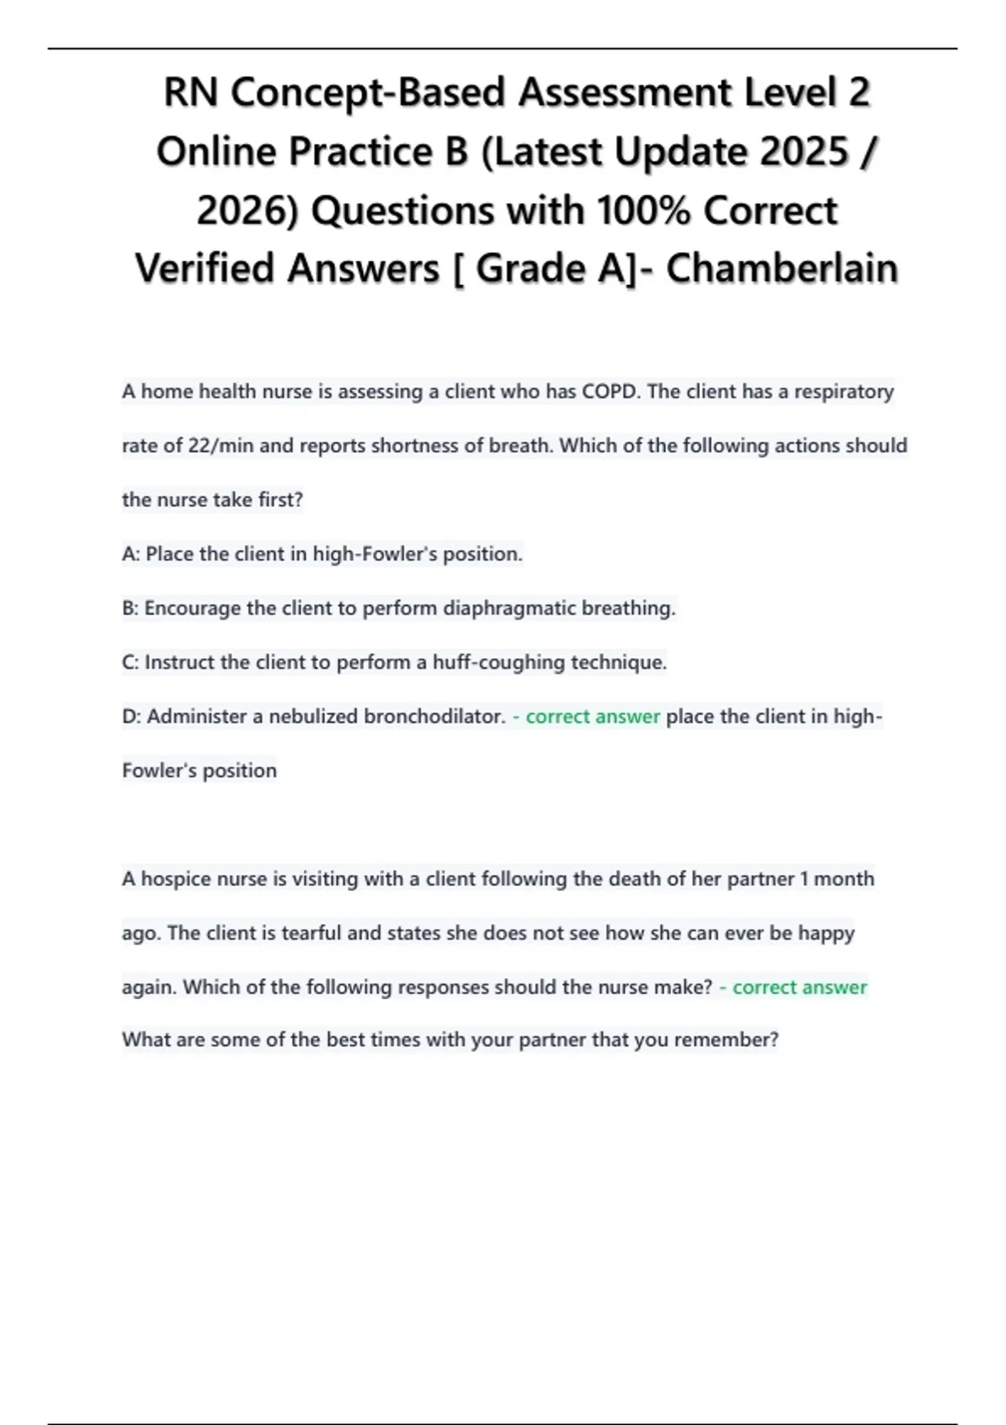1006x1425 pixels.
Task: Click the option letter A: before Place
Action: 131,554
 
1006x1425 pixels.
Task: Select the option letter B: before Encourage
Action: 130,609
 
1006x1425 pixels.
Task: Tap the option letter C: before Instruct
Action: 130,662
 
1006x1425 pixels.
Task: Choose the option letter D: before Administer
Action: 132,717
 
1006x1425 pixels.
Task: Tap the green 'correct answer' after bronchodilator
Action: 593,717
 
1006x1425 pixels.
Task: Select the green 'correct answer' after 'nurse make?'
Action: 799,987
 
